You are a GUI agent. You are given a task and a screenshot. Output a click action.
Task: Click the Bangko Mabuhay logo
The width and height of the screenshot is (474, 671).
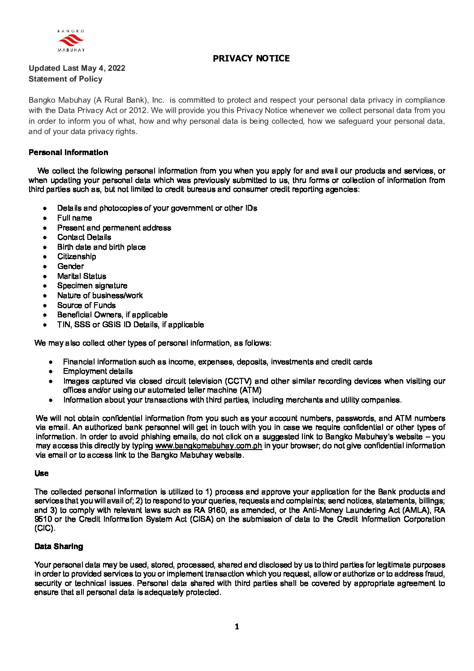click(71, 41)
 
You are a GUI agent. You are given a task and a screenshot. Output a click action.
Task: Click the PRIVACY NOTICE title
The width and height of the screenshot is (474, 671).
click(251, 58)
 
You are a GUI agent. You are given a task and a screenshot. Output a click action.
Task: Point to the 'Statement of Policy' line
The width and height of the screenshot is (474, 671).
click(65, 79)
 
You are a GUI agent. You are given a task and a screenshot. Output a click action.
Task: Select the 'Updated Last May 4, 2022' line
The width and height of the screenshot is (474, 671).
click(77, 68)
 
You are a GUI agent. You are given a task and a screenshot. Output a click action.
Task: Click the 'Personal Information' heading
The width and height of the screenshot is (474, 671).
click(68, 152)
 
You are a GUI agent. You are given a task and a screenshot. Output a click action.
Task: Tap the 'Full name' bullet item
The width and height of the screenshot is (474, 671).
click(74, 218)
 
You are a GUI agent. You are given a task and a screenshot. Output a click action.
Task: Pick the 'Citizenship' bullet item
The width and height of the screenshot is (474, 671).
click(77, 256)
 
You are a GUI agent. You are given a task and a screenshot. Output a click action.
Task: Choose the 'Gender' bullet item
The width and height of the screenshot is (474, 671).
click(70, 266)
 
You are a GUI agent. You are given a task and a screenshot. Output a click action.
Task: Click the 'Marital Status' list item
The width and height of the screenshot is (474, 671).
click(82, 276)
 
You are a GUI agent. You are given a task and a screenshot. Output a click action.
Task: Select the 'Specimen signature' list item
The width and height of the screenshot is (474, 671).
click(92, 286)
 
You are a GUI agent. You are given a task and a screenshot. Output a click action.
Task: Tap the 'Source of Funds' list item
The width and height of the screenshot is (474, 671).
click(86, 305)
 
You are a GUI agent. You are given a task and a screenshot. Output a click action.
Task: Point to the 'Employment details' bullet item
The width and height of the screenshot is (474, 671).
click(98, 371)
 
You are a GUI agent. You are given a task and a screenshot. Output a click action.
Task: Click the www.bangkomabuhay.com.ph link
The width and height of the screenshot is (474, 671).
click(208, 446)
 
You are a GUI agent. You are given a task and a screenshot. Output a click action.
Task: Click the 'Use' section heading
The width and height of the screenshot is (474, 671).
click(41, 473)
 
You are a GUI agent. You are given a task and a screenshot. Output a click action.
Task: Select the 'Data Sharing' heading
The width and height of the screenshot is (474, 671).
click(59, 546)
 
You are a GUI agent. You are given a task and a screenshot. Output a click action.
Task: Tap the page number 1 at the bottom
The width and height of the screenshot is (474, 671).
click(237, 627)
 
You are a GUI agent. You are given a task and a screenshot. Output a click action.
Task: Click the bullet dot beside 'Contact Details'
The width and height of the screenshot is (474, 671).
click(45, 238)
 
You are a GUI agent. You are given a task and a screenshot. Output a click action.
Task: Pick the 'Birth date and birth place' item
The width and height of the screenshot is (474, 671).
click(101, 247)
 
